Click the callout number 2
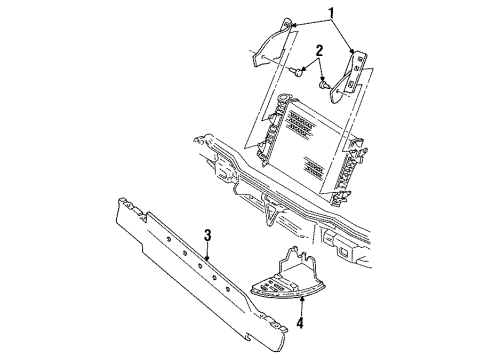click(318, 50)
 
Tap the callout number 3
click(207, 236)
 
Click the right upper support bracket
click(353, 80)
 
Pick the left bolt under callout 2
click(303, 72)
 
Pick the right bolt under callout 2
click(325, 84)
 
